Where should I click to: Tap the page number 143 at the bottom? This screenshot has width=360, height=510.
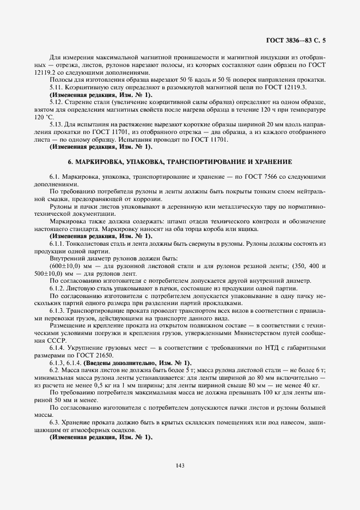(180, 465)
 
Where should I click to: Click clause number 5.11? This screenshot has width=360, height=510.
(56, 87)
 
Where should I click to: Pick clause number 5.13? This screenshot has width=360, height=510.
(56, 124)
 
